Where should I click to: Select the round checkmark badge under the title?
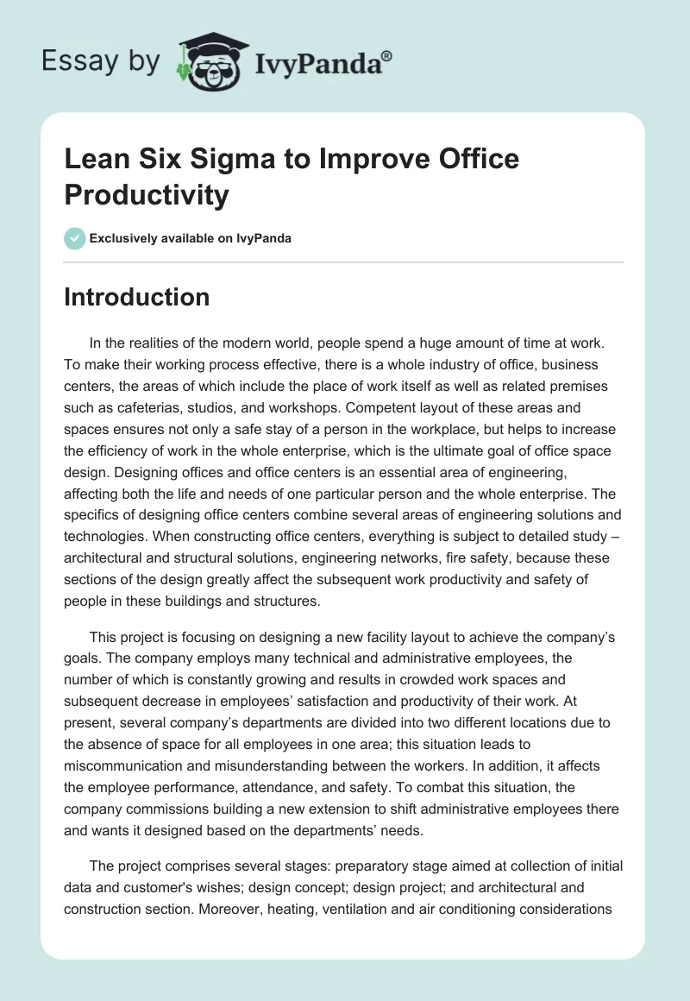(x=75, y=238)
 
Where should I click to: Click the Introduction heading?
(x=137, y=298)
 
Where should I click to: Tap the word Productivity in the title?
(x=147, y=195)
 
